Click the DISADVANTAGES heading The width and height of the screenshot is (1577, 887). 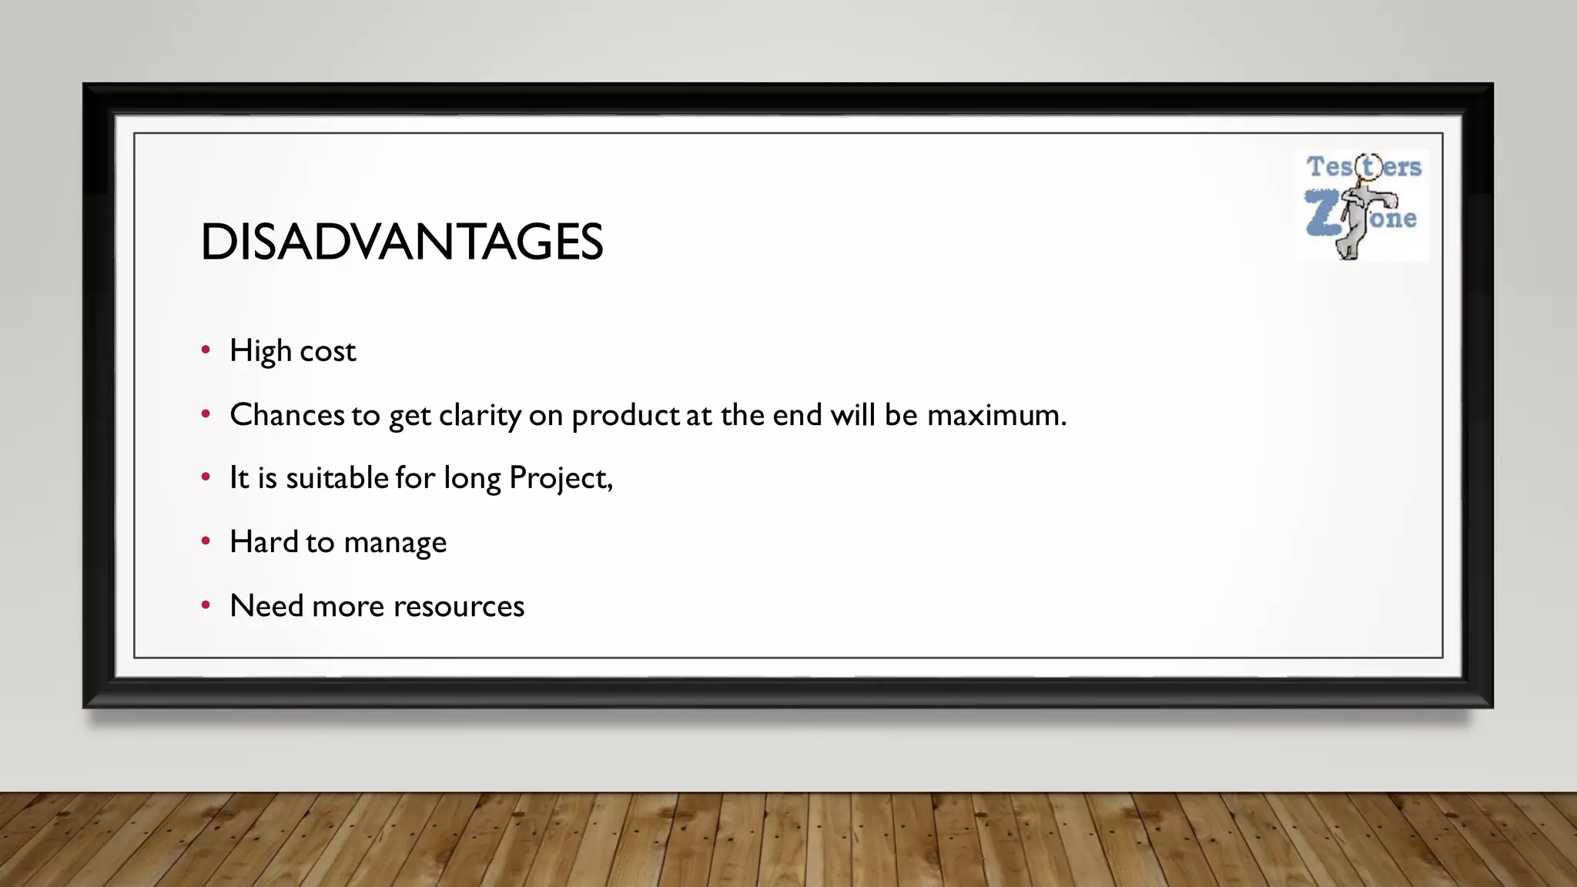click(401, 242)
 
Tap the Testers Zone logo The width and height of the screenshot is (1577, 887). click(1362, 206)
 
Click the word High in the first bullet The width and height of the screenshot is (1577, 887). click(260, 351)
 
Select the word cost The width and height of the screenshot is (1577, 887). click(327, 352)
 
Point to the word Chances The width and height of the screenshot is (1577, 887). click(287, 415)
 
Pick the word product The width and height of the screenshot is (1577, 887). click(625, 416)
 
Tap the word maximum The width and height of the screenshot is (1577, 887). click(996, 415)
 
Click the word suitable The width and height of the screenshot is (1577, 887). click(337, 478)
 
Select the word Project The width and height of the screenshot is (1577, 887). click(560, 479)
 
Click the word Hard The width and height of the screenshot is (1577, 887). click(264, 542)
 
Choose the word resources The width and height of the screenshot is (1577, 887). click(459, 607)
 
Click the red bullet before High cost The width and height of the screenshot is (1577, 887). click(206, 350)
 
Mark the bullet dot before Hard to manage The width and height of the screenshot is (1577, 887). click(206, 541)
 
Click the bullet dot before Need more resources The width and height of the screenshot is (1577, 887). click(206, 605)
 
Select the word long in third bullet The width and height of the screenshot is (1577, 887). click(472, 479)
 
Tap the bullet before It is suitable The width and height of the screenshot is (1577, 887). click(206, 477)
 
